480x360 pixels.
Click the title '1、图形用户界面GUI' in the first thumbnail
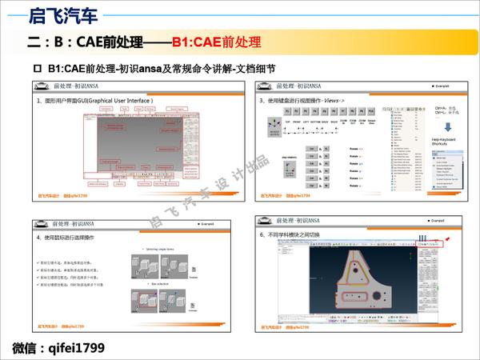(x=96, y=102)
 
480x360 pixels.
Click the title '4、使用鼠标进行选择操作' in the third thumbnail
(x=75, y=238)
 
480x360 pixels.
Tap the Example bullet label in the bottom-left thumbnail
(x=217, y=222)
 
